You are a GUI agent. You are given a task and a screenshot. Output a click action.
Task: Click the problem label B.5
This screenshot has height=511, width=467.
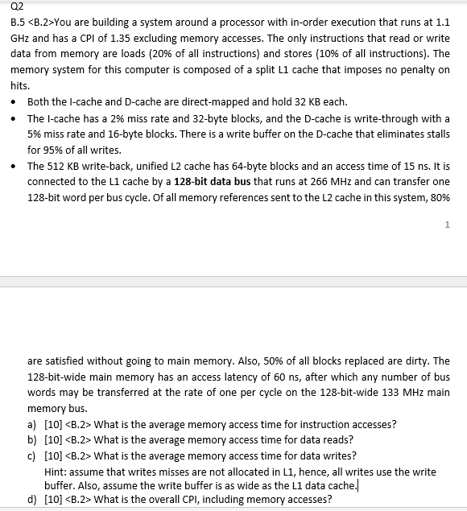[x=18, y=22]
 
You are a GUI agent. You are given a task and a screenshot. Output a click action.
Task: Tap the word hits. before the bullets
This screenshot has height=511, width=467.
[x=19, y=85]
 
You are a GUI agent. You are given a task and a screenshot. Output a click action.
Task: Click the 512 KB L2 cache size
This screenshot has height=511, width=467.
[x=64, y=166]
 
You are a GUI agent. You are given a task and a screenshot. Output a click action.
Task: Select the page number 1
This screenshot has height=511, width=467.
[x=446, y=225]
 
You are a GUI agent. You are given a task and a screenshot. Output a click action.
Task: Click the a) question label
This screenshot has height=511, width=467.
[x=31, y=424]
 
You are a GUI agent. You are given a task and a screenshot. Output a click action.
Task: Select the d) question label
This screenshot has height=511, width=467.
[x=31, y=499]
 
